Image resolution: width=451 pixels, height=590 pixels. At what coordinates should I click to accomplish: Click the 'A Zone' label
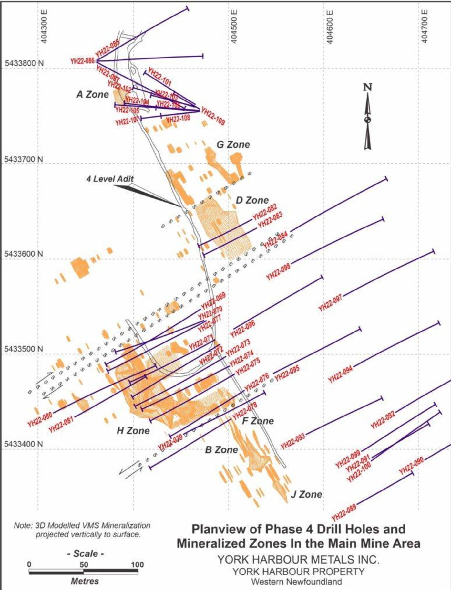(93, 94)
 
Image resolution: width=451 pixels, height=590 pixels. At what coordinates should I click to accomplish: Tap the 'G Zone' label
(233, 144)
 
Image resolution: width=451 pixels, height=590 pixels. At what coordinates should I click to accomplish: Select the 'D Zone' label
(252, 200)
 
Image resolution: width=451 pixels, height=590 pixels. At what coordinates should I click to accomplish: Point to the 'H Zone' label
(133, 430)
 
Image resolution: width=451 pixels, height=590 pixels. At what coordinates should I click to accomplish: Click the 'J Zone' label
(306, 494)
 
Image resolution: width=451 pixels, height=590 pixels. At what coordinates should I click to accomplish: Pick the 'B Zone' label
(221, 449)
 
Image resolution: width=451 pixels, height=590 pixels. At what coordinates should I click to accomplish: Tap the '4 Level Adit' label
(110, 179)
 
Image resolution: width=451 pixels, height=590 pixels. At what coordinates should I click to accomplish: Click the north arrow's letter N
(367, 87)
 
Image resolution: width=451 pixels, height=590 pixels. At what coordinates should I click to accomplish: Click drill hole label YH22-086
(83, 61)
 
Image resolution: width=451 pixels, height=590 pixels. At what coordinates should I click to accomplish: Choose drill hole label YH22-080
(40, 419)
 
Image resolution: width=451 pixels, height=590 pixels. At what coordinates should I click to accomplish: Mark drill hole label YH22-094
(340, 374)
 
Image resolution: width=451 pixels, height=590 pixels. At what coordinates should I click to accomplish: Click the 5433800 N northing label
(24, 63)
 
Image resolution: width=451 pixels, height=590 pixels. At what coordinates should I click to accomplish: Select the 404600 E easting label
(329, 26)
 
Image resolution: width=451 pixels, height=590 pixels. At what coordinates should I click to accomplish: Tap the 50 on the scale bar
(84, 564)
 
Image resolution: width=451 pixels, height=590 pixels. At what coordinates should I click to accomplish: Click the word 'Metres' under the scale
(85, 581)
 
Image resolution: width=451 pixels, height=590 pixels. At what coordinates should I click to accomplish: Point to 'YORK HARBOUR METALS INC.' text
(298, 559)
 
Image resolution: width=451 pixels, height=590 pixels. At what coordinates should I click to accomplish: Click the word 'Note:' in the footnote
(23, 526)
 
